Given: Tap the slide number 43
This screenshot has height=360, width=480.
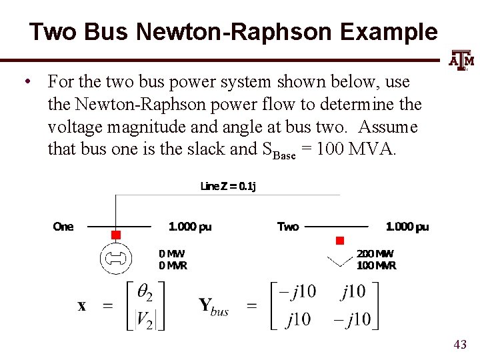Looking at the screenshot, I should [459, 344].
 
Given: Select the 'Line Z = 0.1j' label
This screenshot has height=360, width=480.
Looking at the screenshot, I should [228, 186].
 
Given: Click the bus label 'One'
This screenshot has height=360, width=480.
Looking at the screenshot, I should [63, 227].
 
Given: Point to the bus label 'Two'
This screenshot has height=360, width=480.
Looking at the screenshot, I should [288, 227].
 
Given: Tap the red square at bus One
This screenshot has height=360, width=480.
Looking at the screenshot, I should [115, 235].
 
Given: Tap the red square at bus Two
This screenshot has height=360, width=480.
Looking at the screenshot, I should [339, 240].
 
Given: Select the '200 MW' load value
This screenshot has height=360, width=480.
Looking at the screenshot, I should [375, 254].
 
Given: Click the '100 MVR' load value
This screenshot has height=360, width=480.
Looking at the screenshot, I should [376, 265].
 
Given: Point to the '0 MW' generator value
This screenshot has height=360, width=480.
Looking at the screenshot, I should [171, 254].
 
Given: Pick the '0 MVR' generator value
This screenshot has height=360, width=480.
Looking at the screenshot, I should [173, 265].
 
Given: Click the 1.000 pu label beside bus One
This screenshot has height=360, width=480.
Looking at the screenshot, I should [190, 227].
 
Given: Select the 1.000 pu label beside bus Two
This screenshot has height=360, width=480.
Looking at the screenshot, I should [407, 227].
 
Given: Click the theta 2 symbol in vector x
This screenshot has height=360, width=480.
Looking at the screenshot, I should [146, 293].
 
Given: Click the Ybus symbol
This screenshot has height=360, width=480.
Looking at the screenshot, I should [213, 307].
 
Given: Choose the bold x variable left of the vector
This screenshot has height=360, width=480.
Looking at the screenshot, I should [81, 306].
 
